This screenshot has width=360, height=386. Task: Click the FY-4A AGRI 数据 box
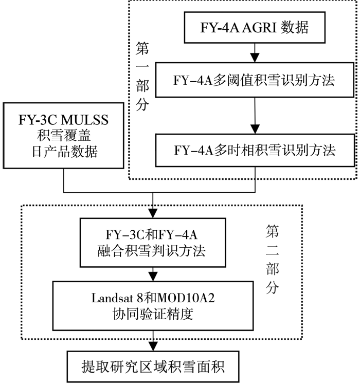coord(255,27)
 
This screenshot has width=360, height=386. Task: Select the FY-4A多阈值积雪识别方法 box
coord(255,80)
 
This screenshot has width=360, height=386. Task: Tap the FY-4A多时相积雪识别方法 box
coord(255,150)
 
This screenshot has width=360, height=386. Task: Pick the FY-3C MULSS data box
coord(63,136)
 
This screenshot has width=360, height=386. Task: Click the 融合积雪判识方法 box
coord(153,243)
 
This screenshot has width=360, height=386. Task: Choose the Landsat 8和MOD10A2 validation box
coord(153,306)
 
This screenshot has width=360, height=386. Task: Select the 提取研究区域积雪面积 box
coord(153,366)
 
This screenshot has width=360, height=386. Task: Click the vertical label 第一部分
coord(142,76)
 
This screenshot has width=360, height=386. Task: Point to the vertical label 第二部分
coord(272,259)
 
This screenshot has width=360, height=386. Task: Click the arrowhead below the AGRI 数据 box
coord(255,58)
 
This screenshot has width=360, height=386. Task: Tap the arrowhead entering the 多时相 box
coord(255,128)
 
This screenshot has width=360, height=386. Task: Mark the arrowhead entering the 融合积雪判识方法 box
coord(153,213)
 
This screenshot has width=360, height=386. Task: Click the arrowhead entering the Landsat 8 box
coord(153,277)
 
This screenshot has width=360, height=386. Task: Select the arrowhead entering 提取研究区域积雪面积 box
coord(153,346)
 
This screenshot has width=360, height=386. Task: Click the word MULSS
coord(84,120)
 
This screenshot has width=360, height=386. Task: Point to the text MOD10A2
coord(186,298)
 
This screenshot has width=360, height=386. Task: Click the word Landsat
coord(112,298)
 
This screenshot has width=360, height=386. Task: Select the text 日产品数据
coord(64,152)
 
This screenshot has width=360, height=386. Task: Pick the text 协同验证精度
coord(153,314)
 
